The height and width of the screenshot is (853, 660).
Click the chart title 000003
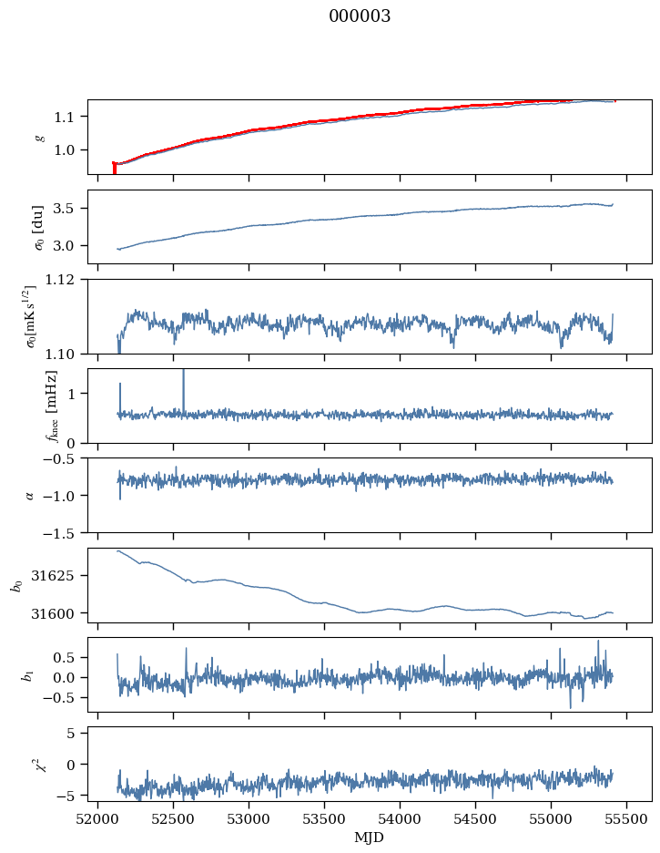coord(359,15)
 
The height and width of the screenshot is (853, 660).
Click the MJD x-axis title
coord(369,838)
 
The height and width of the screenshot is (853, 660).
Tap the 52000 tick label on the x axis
coord(97,819)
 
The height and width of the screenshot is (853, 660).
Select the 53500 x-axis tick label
coord(324,819)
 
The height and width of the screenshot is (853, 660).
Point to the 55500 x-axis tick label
coord(626,819)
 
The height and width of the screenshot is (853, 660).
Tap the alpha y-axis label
coord(29,495)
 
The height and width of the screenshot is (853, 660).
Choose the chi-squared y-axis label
coord(40,764)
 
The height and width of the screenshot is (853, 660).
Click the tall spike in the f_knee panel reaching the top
coord(184,392)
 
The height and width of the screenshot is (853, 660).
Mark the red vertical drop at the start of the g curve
coord(114,168)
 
